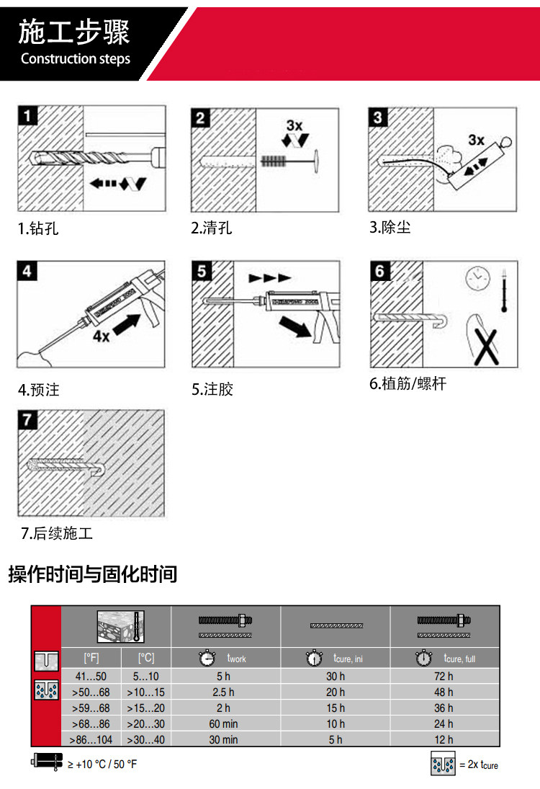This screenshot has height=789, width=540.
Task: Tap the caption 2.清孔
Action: pos(211,228)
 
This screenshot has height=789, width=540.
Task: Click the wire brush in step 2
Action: pos(277,159)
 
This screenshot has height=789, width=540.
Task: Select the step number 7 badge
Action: pos(27,419)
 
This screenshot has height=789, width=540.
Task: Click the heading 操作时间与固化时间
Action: pos(92,574)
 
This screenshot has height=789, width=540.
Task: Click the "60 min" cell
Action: pos(223,723)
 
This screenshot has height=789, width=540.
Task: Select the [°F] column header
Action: pos(91,658)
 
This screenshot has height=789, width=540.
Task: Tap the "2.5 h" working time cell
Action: pos(223,692)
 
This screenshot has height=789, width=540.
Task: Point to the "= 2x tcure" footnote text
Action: pos(478,765)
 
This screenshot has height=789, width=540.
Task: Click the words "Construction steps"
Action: pos(76,58)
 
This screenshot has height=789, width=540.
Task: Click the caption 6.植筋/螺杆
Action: pos(408,384)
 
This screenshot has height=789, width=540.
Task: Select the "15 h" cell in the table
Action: pos(335,708)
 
